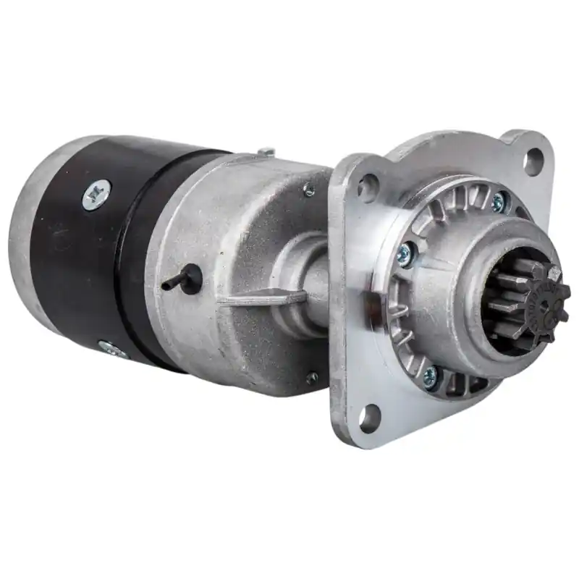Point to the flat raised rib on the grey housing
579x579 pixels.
pos(264,297)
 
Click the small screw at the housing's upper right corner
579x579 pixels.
pos(309,190)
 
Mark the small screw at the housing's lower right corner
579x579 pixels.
pos(312,377)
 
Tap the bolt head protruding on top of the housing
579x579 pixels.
pos(266,152)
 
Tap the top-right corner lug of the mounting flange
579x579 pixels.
pos(532,148)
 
